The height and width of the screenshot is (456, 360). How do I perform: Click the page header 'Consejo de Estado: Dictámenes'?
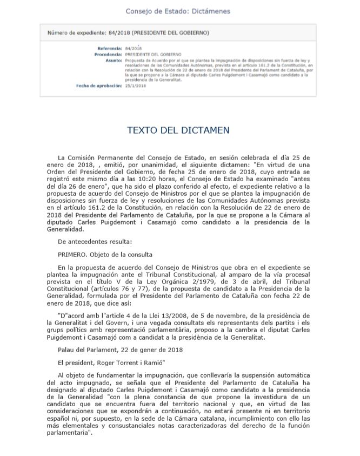click(178, 11)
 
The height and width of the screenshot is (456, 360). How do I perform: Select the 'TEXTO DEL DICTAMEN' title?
click(178, 130)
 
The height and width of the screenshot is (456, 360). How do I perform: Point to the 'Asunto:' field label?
click(113, 61)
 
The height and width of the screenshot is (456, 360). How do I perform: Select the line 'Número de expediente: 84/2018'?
click(128, 33)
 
